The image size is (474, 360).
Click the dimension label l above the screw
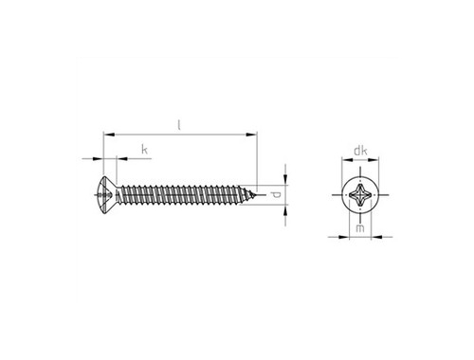[x=179, y=125]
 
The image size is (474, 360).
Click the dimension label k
[x=144, y=150]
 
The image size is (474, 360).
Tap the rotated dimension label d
[x=276, y=195]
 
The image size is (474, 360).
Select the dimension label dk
[x=360, y=151]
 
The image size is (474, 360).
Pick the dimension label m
[x=360, y=227]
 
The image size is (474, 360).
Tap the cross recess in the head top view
[x=360, y=195]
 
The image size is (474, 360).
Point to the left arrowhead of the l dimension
[x=109, y=135]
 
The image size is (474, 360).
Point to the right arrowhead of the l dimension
[x=252, y=135]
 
